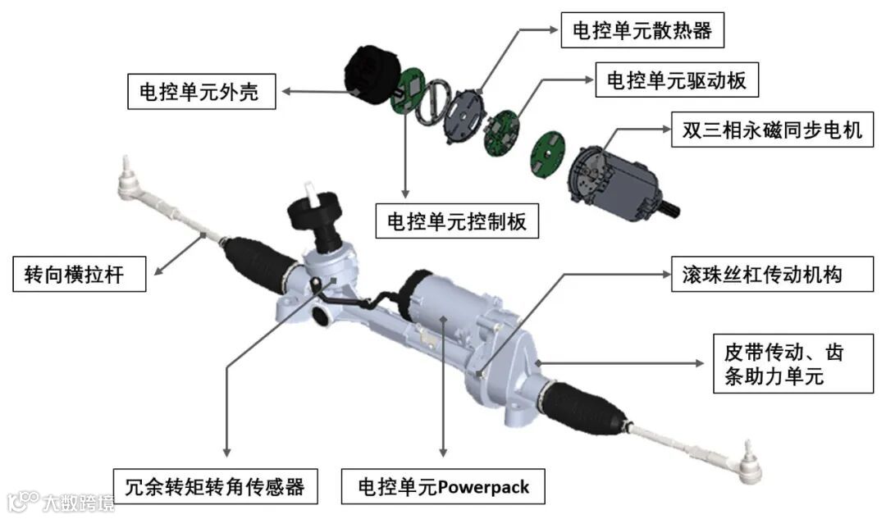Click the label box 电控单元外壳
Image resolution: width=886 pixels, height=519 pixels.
coord(201,91)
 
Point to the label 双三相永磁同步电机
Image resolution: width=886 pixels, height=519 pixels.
coord(766,130)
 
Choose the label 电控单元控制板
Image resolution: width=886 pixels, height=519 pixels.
coord(457,220)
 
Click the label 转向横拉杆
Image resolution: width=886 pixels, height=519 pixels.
coord(80,273)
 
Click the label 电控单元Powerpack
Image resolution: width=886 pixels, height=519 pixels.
coord(444,487)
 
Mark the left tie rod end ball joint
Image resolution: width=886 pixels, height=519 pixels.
coord(130,180)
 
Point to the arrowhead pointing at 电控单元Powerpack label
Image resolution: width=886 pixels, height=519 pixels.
coord(444,452)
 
